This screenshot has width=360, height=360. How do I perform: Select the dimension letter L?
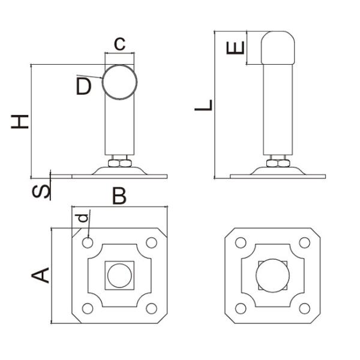(204, 106)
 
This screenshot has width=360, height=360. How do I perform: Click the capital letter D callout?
(83, 87)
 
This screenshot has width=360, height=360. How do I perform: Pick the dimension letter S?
(41, 191)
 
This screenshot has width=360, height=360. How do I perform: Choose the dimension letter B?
(119, 196)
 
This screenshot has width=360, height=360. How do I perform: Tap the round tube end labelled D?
(119, 81)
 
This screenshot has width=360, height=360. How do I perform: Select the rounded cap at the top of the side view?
(278, 48)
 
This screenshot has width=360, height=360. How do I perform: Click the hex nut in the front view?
(119, 162)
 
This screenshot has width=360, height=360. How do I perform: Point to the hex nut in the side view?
(278, 163)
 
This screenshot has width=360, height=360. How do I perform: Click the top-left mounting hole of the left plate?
(88, 243)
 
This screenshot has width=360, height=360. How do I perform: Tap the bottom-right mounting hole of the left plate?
(151, 308)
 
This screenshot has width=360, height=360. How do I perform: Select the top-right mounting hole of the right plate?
(305, 243)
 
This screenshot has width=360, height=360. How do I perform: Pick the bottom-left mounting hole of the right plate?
(241, 308)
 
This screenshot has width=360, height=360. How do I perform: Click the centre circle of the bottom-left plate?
(119, 275)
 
